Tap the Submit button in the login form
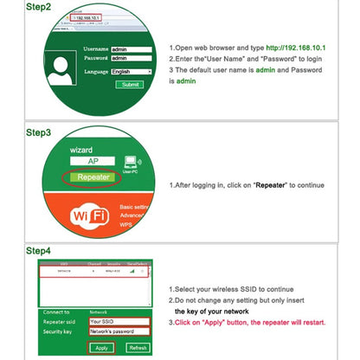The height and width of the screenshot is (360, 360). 130,85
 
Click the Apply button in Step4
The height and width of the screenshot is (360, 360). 101,347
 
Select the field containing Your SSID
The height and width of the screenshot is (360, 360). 120,321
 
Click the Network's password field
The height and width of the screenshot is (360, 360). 120,331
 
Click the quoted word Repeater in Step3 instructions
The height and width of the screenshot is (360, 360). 270,184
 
